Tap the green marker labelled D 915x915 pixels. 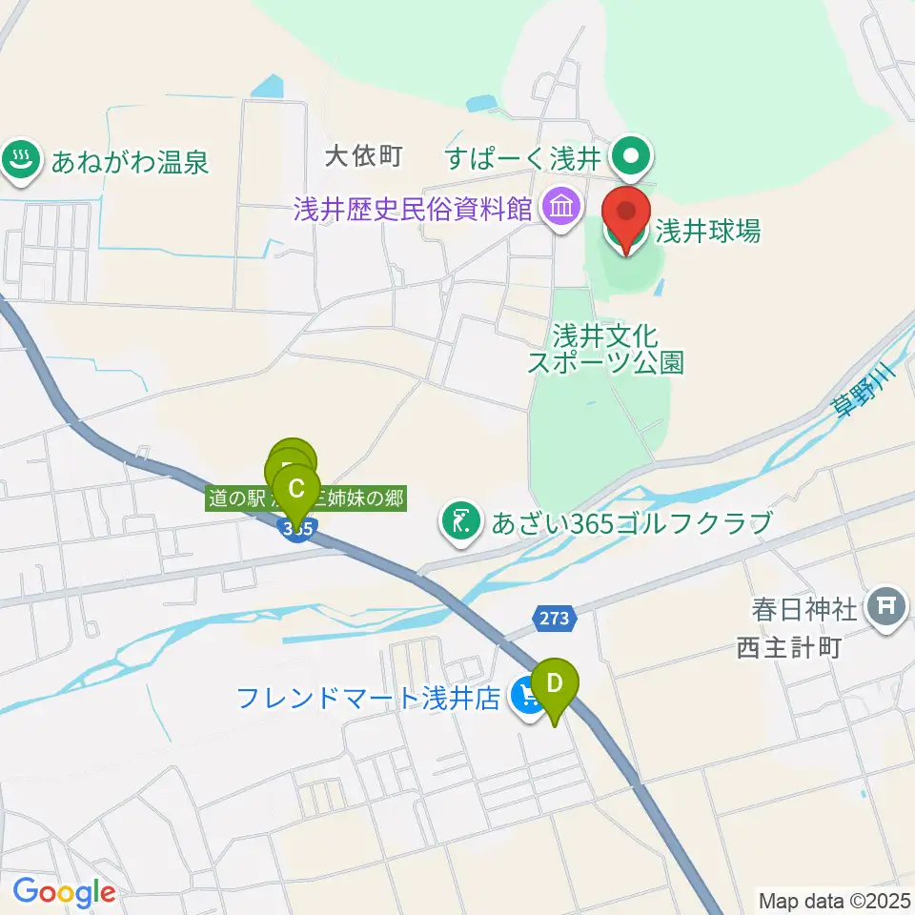pyautogui.click(x=554, y=685)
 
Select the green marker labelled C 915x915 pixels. pyautogui.click(x=296, y=490)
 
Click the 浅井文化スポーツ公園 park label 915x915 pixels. pyautogui.click(x=607, y=349)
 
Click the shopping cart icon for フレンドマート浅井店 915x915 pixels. pyautogui.click(x=525, y=697)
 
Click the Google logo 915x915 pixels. pyautogui.click(x=64, y=893)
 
